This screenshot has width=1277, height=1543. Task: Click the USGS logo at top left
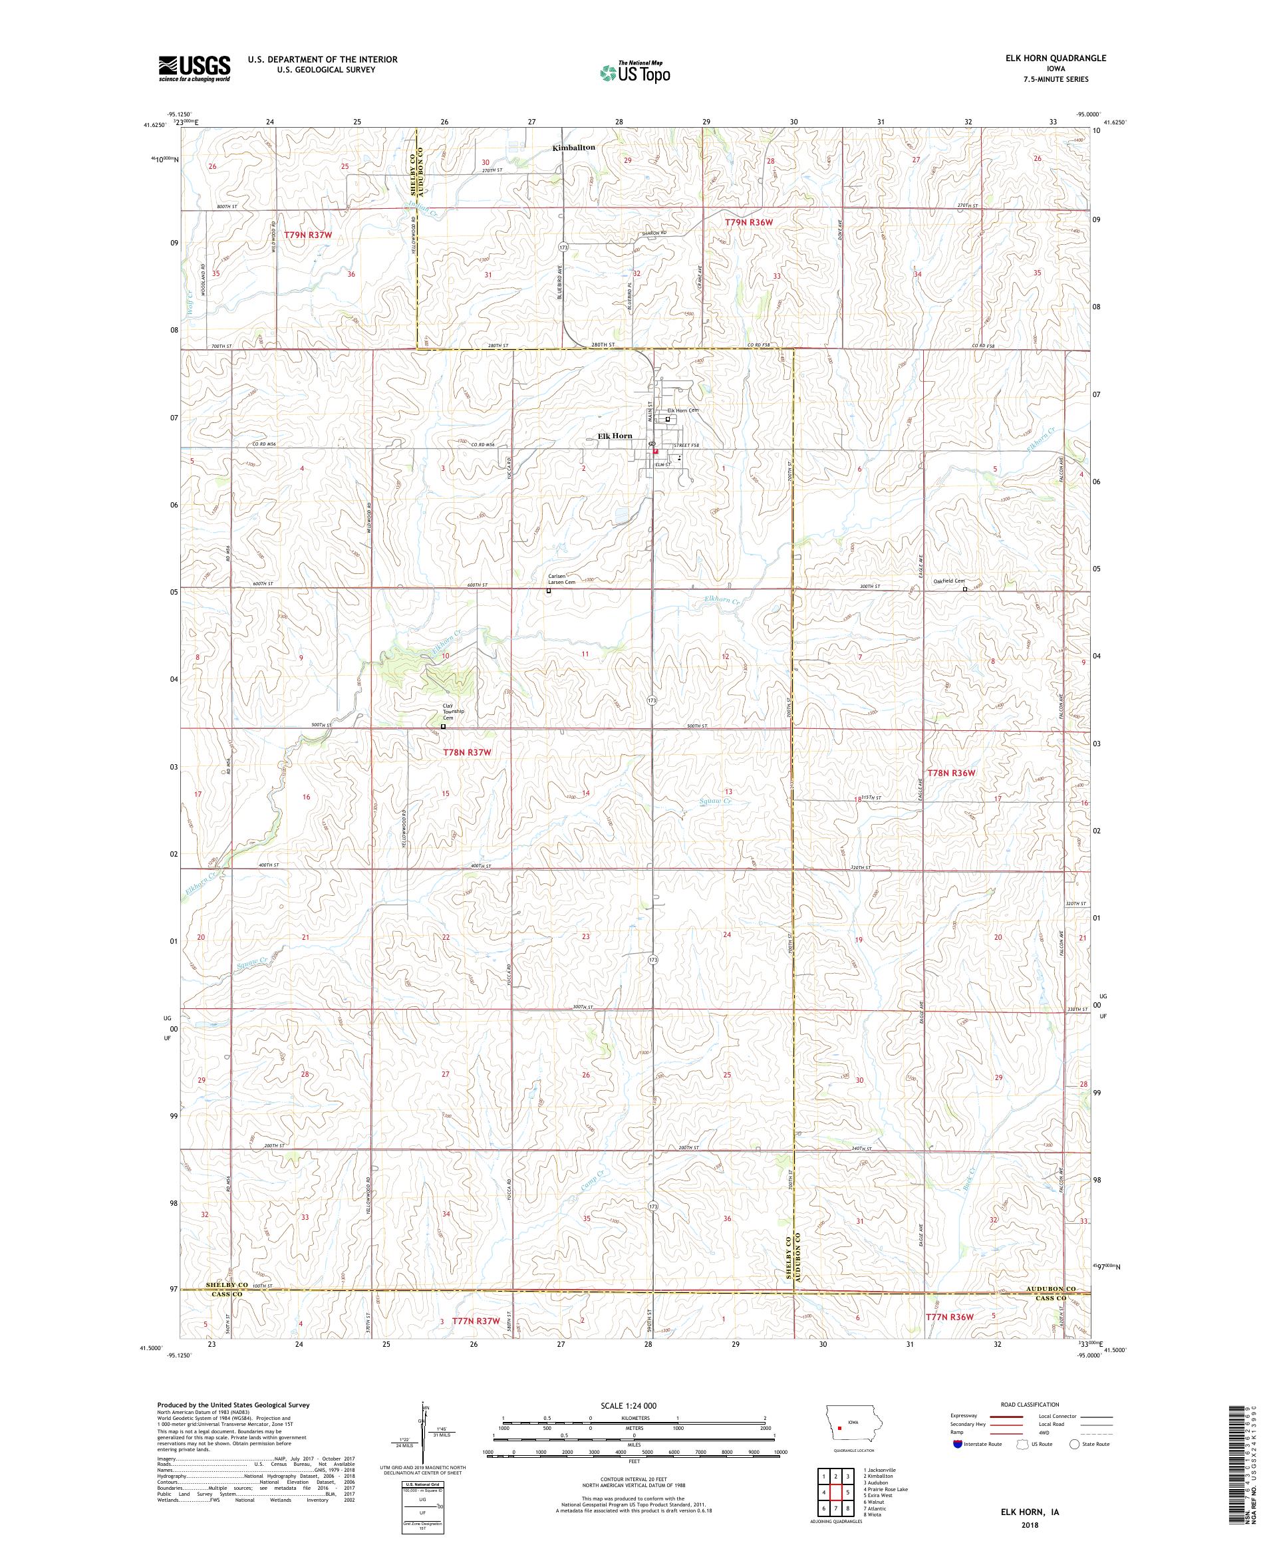pos(195,69)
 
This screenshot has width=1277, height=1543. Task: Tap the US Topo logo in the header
pos(636,72)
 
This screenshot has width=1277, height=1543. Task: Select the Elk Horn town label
pos(615,436)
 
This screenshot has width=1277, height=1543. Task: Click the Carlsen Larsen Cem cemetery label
pos(561,579)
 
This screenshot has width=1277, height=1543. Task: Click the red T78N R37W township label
pos(466,752)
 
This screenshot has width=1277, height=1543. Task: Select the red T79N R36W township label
pos(749,221)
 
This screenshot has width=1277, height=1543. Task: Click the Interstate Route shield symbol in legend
pos(957,1444)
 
